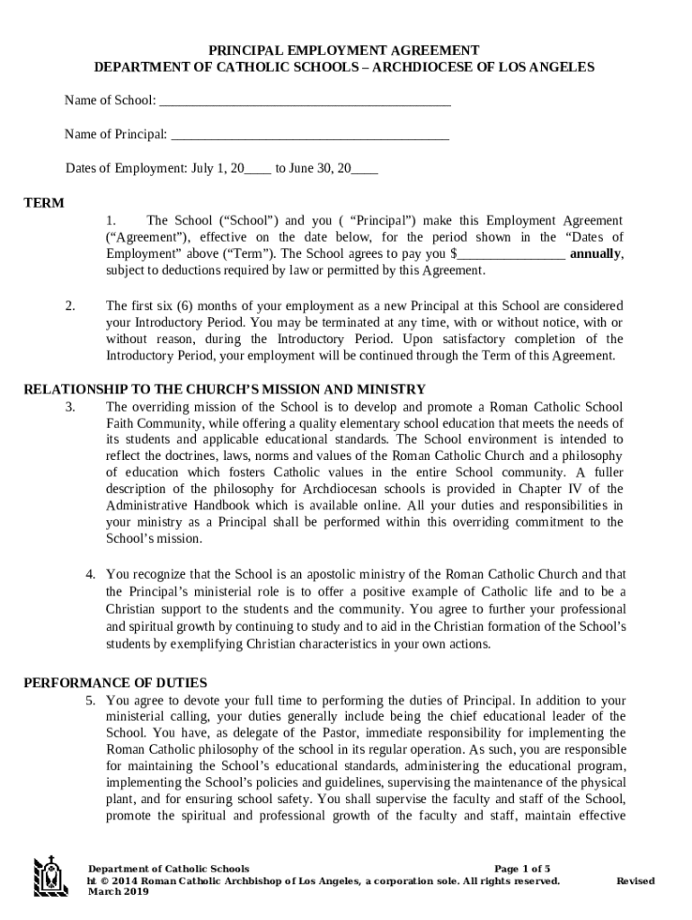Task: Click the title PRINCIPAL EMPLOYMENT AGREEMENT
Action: tap(344, 50)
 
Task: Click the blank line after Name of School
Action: tap(305, 102)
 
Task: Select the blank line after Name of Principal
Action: tap(309, 136)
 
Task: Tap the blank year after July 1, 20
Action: tap(258, 169)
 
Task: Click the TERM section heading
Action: tap(43, 203)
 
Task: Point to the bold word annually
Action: tap(595, 253)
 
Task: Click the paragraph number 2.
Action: tap(69, 305)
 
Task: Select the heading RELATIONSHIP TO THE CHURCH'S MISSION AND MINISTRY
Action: tap(224, 389)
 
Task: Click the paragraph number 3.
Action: tap(69, 407)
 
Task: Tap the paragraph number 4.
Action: tap(91, 574)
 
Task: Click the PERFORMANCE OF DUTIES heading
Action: tap(115, 683)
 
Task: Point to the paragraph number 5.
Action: tap(91, 700)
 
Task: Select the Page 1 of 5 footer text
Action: tap(523, 869)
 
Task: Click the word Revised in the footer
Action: tap(634, 880)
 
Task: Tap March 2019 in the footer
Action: tap(118, 891)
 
